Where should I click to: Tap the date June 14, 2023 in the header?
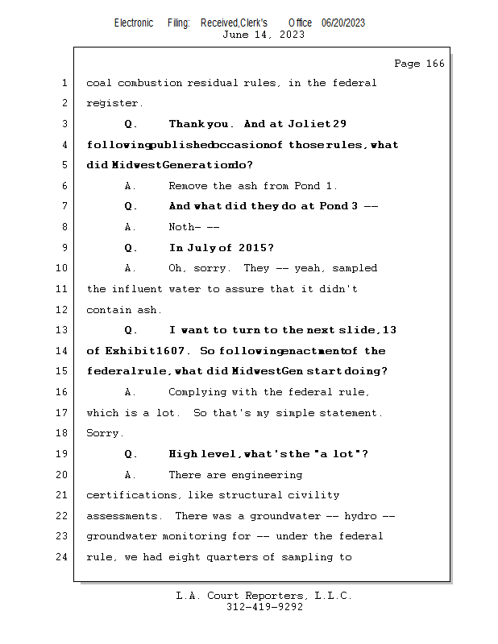pos(263,35)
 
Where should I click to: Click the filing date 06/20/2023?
pos(342,23)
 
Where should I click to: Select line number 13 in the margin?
pos(64,330)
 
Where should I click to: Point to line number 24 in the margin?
pos(64,557)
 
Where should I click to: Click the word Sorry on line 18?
pos(103,433)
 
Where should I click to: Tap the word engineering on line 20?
pos(268,475)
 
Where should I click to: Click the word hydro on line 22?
pos(359,516)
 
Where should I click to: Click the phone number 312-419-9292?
pos(264,608)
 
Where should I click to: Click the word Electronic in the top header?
pos(134,23)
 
